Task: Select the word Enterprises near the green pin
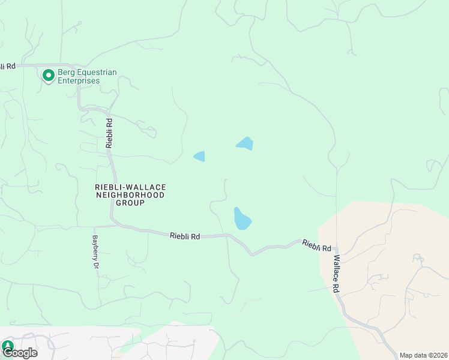click(79, 81)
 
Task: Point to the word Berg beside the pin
click(65, 73)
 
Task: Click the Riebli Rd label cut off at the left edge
click(7, 66)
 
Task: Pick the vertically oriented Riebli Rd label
click(109, 133)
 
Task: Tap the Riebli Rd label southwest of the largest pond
click(185, 236)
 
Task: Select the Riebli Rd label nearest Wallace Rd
click(317, 246)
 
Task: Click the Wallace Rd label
click(337, 274)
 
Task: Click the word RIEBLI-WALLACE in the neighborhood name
click(130, 187)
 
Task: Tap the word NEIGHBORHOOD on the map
click(130, 195)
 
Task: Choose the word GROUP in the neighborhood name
click(130, 203)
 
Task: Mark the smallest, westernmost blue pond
click(199, 157)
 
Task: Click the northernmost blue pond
click(245, 143)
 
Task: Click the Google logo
click(20, 353)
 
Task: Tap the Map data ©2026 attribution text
click(423, 355)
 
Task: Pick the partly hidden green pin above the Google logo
click(7, 346)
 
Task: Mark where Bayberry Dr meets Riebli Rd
click(94, 227)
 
